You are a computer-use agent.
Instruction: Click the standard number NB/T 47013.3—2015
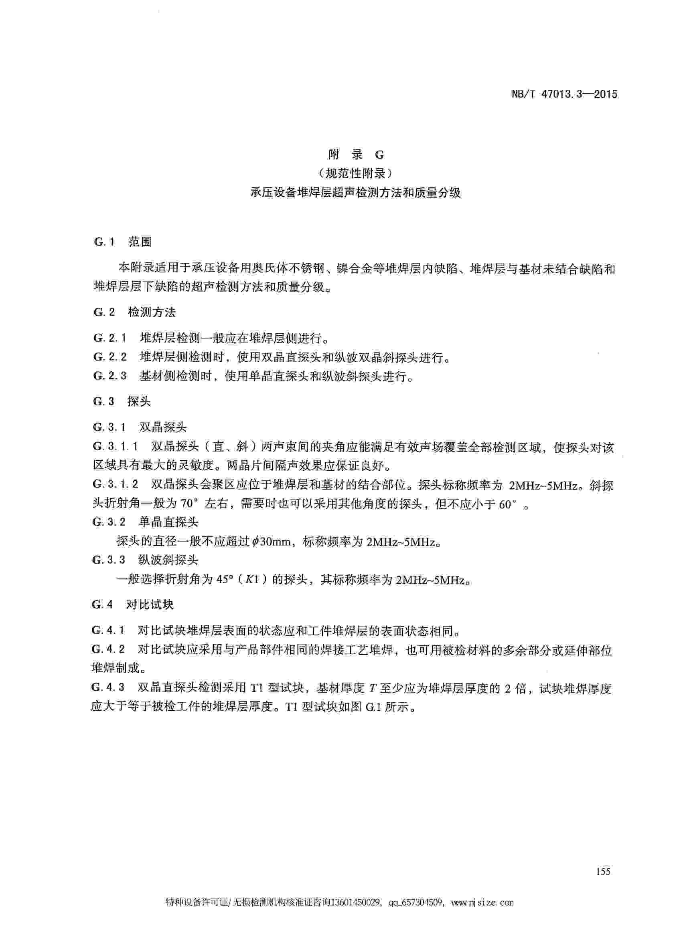(x=564, y=94)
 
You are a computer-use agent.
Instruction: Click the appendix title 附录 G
(x=356, y=155)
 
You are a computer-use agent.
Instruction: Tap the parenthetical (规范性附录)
(x=356, y=173)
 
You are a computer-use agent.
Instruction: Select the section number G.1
(x=104, y=242)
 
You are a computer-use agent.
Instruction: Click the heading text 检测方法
(x=152, y=312)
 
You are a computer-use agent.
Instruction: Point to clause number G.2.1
(x=109, y=338)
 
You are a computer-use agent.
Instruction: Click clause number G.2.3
(x=109, y=376)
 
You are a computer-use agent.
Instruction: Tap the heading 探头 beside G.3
(x=139, y=401)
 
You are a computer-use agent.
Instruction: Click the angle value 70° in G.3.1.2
(x=190, y=504)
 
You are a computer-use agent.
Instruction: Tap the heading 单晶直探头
(x=168, y=522)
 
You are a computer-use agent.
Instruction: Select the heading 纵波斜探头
(x=168, y=560)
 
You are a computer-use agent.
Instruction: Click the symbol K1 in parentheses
(x=251, y=579)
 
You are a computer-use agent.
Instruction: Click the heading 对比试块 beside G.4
(x=150, y=605)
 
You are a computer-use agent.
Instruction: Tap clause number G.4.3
(x=108, y=687)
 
